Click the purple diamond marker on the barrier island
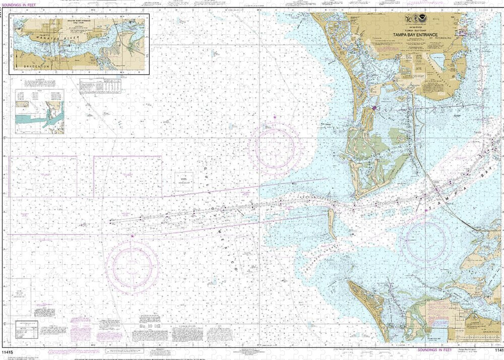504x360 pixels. click(x=374, y=108)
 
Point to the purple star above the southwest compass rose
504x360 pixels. click(x=133, y=236)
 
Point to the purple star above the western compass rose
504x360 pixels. click(x=275, y=117)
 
